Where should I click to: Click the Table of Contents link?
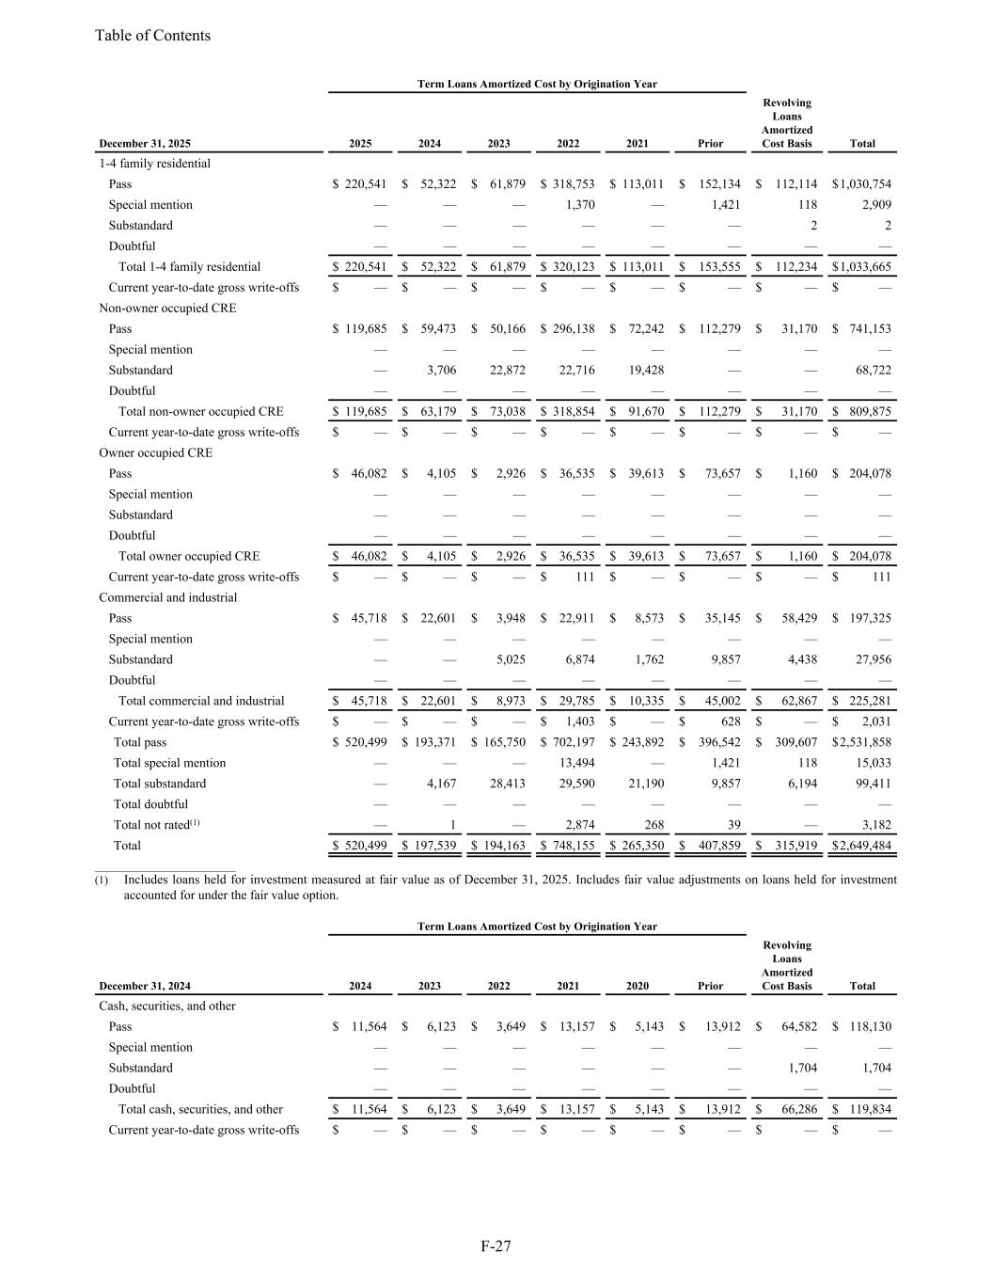[152, 36]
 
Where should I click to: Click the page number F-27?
[496, 1246]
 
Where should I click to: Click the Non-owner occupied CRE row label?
[167, 308]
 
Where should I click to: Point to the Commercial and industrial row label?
[167, 597]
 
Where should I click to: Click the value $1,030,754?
[861, 184]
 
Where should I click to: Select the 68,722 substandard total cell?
[874, 370]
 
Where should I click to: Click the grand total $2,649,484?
[861, 846]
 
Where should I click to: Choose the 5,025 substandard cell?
[510, 659]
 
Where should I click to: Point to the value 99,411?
[874, 784]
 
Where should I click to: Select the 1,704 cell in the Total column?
[875, 1068]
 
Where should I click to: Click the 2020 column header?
[637, 986]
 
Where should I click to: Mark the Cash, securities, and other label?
[166, 1006]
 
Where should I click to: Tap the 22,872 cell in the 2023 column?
[508, 370]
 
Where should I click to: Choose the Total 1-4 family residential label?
[189, 267]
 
